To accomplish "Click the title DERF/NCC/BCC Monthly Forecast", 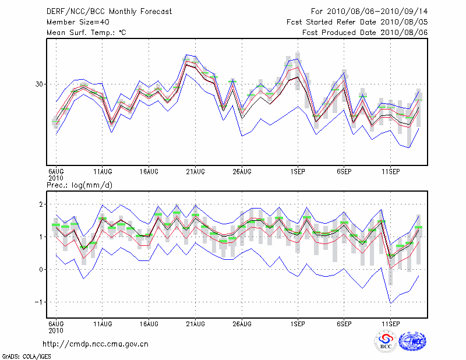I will click(109, 12).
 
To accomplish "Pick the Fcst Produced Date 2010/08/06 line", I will click(365, 33).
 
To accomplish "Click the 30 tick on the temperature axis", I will click(40, 84).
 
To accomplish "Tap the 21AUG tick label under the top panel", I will click(195, 172).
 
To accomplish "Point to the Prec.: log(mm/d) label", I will click(80, 185).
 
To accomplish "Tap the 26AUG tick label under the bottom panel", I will click(241, 323).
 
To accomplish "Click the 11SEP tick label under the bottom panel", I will click(390, 323).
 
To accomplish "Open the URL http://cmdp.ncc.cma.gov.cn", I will click(96, 344).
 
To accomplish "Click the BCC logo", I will click(386, 341).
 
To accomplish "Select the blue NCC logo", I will click(412, 341).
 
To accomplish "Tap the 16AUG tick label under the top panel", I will click(149, 172).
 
